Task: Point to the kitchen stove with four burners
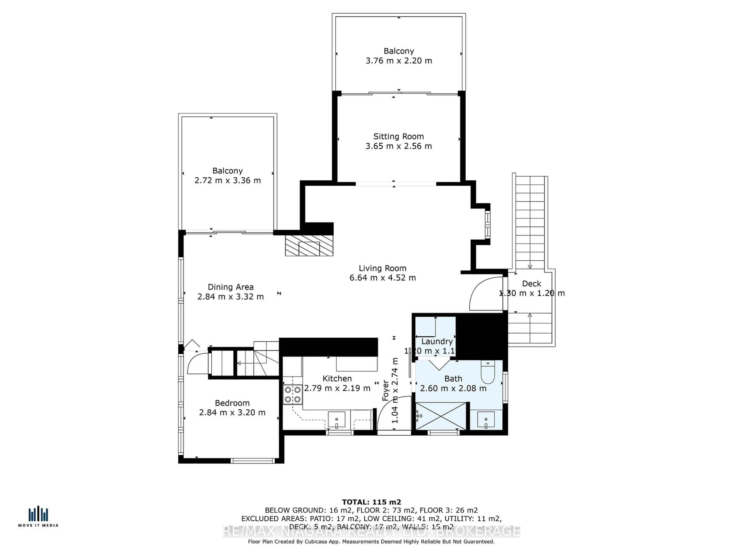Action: tap(293, 395)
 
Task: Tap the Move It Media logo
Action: tap(38, 517)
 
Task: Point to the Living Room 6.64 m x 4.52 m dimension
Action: tap(383, 278)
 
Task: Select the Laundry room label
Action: tap(437, 341)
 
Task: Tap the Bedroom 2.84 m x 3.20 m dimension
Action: tap(232, 413)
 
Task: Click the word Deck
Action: tap(531, 284)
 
